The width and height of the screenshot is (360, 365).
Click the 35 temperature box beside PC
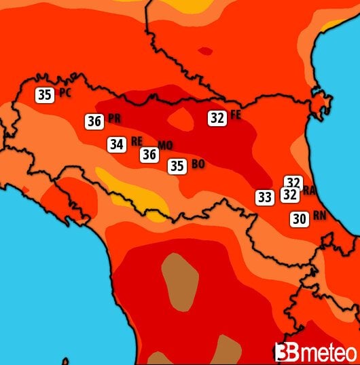pos(45,95)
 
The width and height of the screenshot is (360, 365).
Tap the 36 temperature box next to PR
pos(94,121)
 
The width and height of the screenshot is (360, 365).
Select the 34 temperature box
pos(116,144)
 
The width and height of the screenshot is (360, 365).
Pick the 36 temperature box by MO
pos(149,155)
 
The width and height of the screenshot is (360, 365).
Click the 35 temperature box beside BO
pos(177,166)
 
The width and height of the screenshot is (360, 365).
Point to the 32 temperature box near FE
pos(217,118)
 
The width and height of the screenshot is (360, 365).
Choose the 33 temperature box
pos(265,197)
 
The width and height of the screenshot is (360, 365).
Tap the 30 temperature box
pos(299,219)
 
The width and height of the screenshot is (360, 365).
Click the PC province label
pos(65,93)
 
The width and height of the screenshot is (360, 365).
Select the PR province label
pos(114,119)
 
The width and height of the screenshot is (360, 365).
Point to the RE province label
pos(137,141)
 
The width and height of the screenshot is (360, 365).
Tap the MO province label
pos(165,145)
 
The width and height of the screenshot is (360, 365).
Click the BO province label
pos(198,164)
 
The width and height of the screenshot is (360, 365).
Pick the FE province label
pos(236,115)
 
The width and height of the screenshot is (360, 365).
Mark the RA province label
pos(309,191)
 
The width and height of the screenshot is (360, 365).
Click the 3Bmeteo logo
pos(315,352)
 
